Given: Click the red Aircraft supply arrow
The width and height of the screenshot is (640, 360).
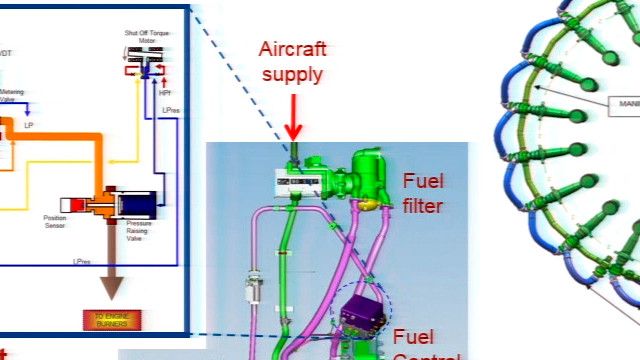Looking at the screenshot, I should point(294,118).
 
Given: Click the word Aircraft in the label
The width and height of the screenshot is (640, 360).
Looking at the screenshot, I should point(293,49).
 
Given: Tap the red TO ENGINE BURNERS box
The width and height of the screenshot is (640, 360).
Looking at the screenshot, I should point(112,320).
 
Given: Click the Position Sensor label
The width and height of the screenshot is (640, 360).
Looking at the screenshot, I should point(55,221).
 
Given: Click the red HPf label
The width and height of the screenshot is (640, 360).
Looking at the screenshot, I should point(165,93).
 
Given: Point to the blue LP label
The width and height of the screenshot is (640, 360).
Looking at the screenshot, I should point(29,127).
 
